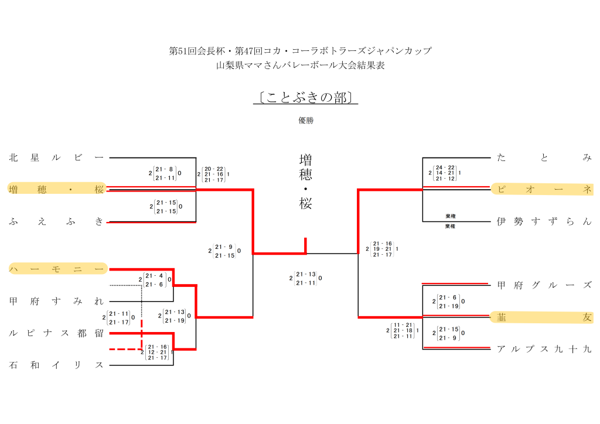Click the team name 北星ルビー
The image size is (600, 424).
[x=56, y=158]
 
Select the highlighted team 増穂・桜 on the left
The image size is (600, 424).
[x=56, y=189]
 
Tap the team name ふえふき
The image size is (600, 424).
[x=56, y=221]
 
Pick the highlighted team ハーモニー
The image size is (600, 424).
[x=56, y=269]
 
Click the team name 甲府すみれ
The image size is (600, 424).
[x=56, y=301]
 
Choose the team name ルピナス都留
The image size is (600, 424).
[x=56, y=333]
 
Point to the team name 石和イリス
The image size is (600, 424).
[x=56, y=365]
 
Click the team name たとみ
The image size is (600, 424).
[x=544, y=158]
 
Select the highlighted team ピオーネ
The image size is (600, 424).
[x=544, y=189]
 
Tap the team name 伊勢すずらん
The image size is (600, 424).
[x=544, y=221]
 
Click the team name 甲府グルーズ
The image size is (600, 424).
[x=544, y=285]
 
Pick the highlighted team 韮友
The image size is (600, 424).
[x=544, y=317]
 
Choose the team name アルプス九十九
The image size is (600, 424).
[x=544, y=349]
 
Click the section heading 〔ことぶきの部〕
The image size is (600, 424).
[x=305, y=97]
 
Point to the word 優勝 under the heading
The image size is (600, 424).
[x=306, y=121]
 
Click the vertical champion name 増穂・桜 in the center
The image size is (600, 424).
[x=305, y=182]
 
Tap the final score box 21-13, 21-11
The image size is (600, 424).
[x=306, y=278]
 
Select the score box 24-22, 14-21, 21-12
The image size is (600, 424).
[x=445, y=173]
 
